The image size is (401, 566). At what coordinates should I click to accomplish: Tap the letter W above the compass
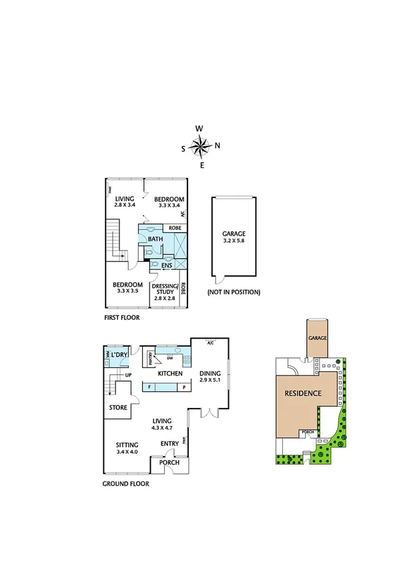[x=199, y=129]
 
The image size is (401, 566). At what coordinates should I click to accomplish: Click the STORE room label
[x=119, y=407]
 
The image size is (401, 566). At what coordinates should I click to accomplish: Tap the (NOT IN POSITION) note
[x=234, y=292]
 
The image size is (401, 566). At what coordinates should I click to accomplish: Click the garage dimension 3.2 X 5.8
[x=234, y=241]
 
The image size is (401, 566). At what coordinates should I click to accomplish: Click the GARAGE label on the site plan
[x=318, y=338]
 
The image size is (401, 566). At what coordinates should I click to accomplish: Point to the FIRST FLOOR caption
[x=122, y=317]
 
